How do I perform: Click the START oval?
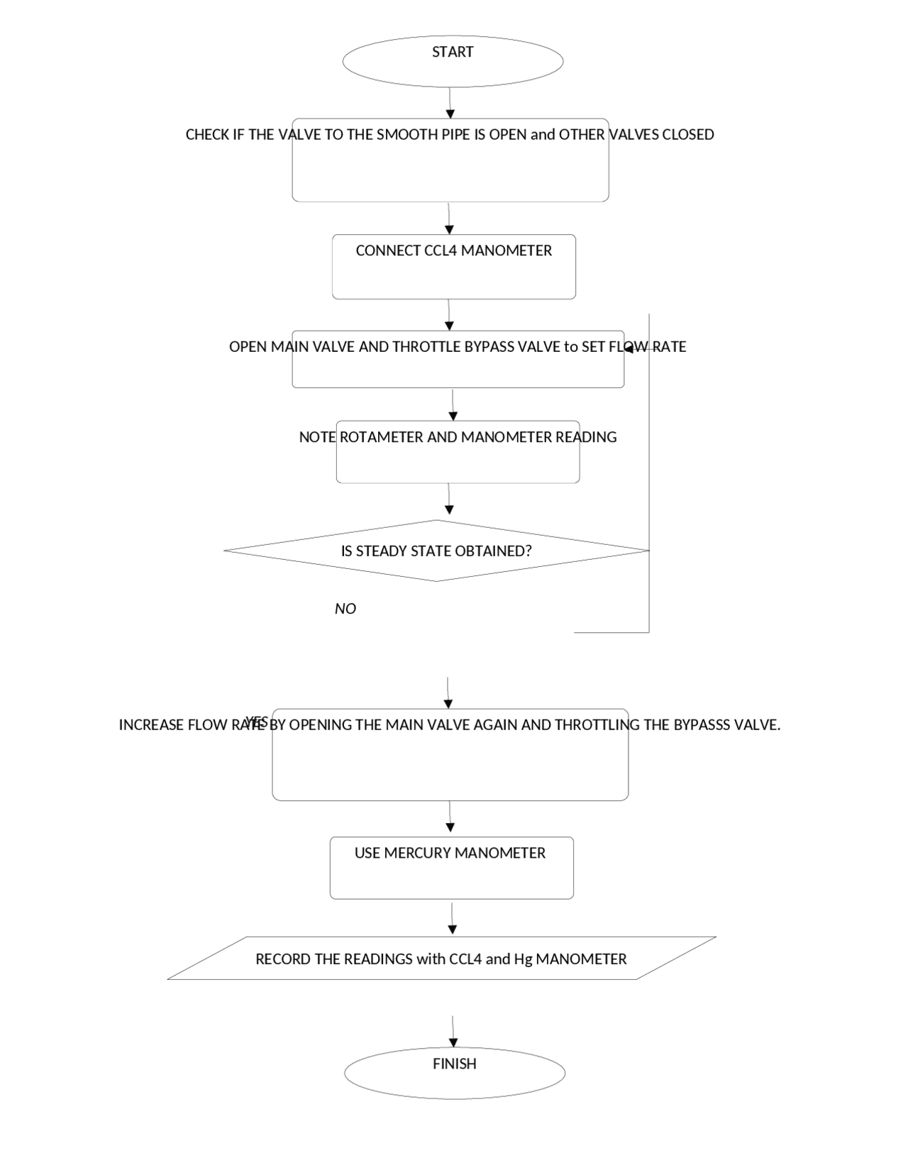tap(453, 62)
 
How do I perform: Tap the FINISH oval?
tap(454, 1072)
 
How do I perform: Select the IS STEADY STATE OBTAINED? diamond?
tap(436, 551)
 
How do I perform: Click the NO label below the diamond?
tap(345, 609)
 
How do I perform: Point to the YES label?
tap(256, 722)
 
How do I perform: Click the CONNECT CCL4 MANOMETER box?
tap(453, 267)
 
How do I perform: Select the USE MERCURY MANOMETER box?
tap(451, 868)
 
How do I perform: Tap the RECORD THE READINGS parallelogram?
tap(441, 959)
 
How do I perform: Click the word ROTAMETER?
tap(381, 437)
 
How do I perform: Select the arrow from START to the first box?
tap(450, 103)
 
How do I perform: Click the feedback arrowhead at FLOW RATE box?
tap(629, 348)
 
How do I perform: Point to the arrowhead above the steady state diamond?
tap(449, 509)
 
